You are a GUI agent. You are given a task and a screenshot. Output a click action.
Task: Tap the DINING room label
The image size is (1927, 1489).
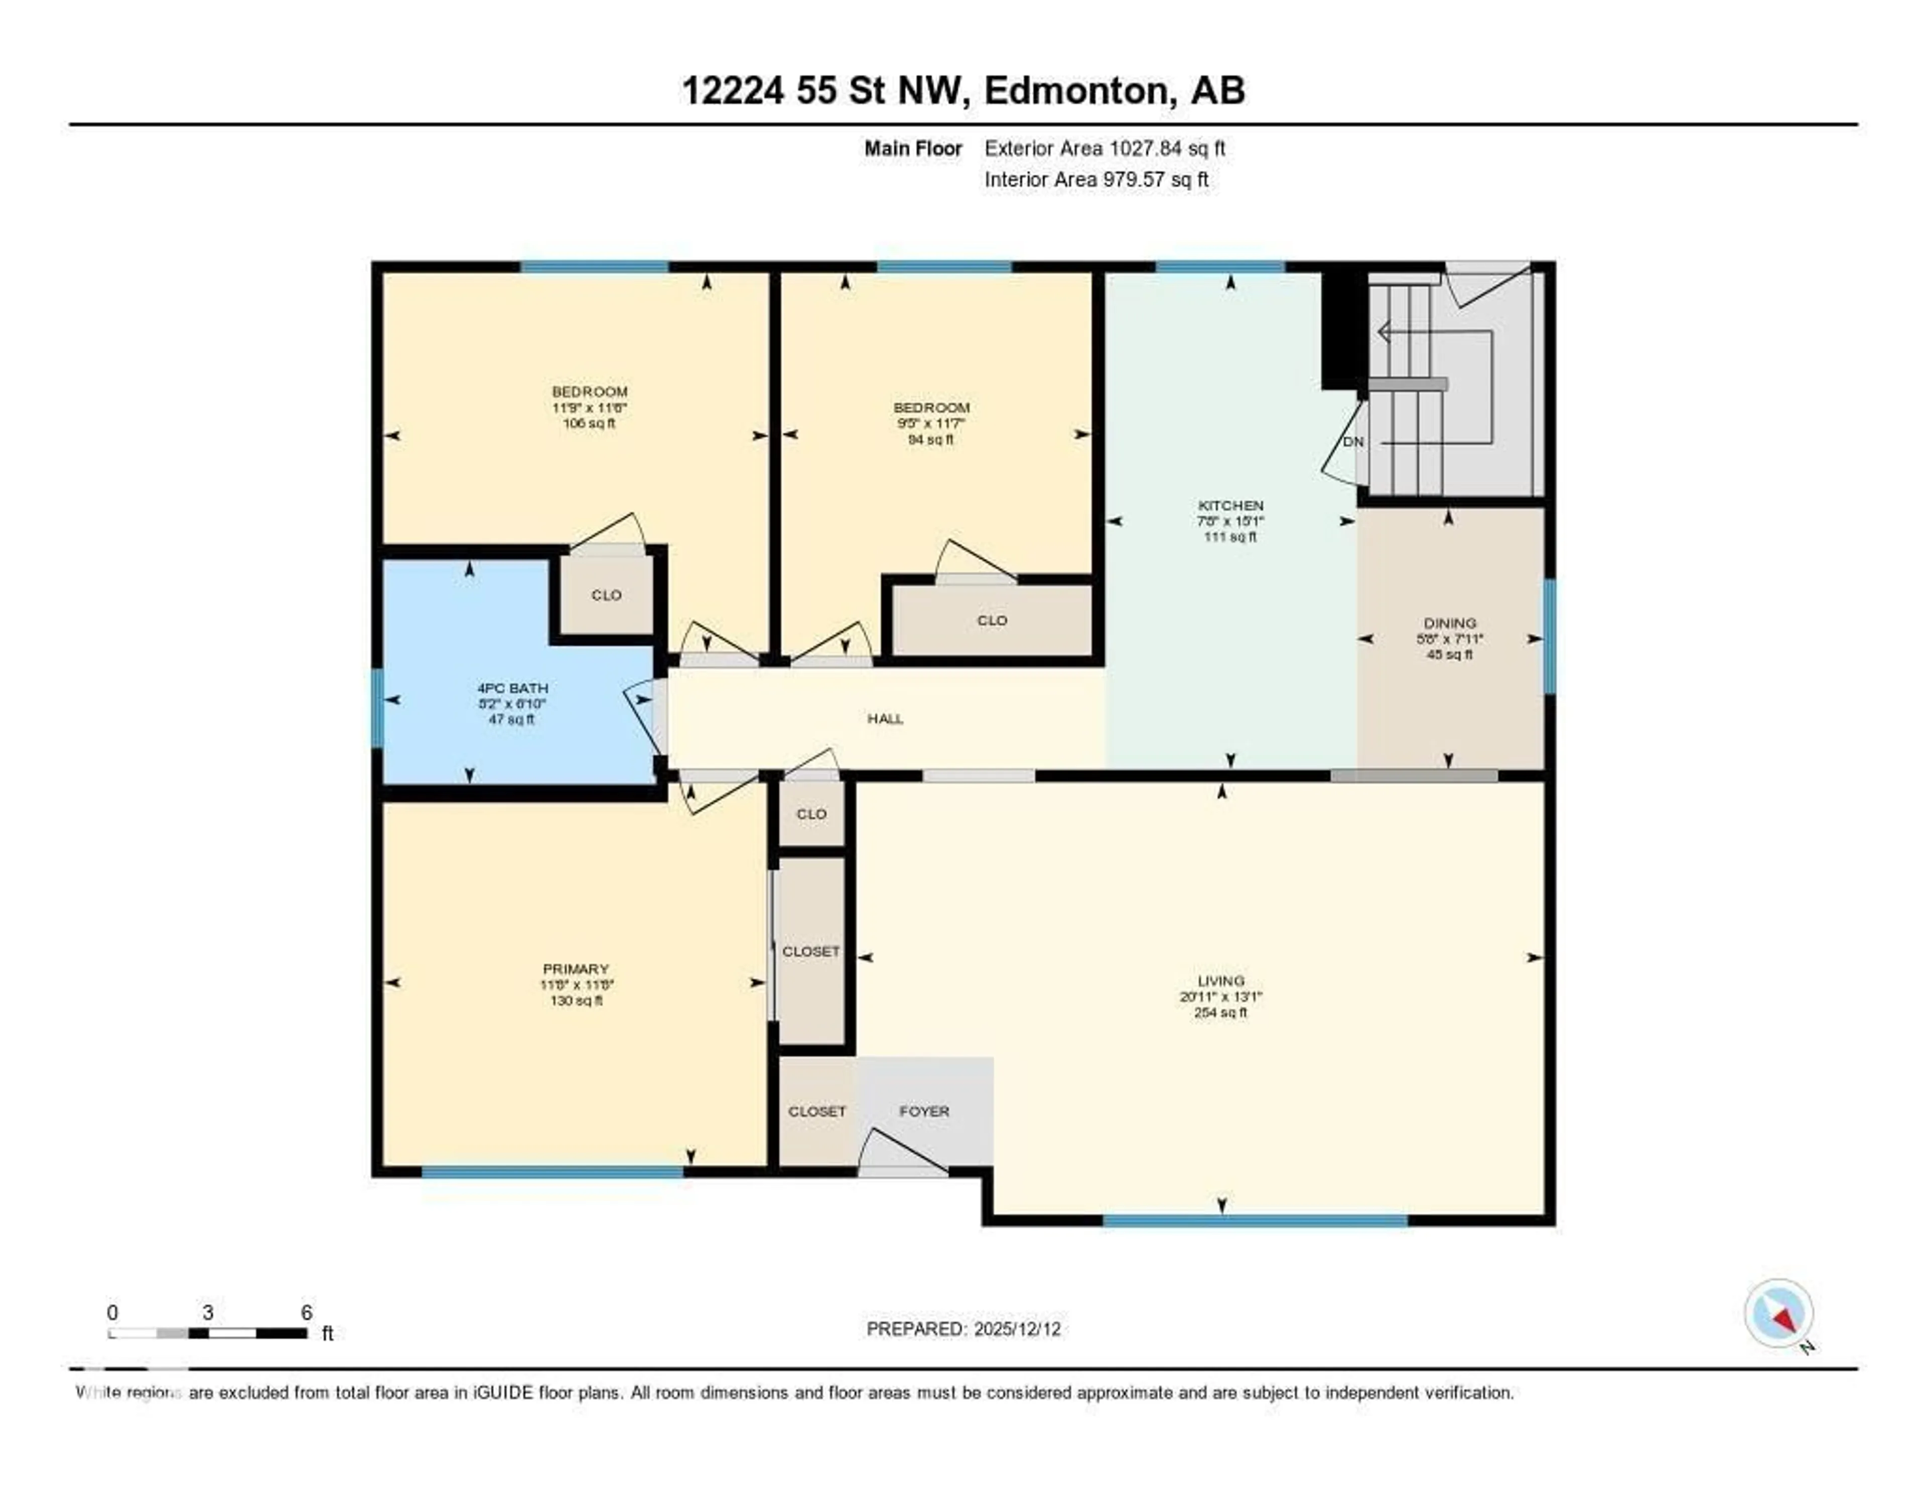click(x=1449, y=623)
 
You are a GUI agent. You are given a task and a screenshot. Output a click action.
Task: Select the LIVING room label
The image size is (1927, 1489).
click(x=1221, y=980)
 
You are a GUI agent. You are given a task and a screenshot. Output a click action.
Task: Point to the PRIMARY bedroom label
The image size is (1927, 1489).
click(x=575, y=968)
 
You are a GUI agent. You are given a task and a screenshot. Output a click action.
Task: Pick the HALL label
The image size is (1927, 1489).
click(x=885, y=718)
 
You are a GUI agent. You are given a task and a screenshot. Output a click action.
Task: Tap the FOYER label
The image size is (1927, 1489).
click(x=924, y=1111)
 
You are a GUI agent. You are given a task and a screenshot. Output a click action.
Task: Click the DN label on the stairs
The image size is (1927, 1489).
click(x=1352, y=441)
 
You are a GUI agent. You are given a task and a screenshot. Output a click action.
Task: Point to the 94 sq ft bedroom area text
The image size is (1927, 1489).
click(x=931, y=440)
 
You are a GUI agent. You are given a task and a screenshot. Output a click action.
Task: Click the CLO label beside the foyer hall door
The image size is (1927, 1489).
click(x=811, y=814)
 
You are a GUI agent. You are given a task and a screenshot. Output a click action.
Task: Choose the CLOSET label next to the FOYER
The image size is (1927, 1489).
click(x=816, y=1111)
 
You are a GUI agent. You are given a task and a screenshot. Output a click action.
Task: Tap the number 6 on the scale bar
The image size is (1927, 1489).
click(x=306, y=1312)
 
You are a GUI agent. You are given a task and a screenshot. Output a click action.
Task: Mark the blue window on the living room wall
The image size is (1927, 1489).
click(x=1255, y=1221)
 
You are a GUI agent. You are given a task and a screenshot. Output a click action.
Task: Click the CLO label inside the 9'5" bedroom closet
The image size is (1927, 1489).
click(x=992, y=621)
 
